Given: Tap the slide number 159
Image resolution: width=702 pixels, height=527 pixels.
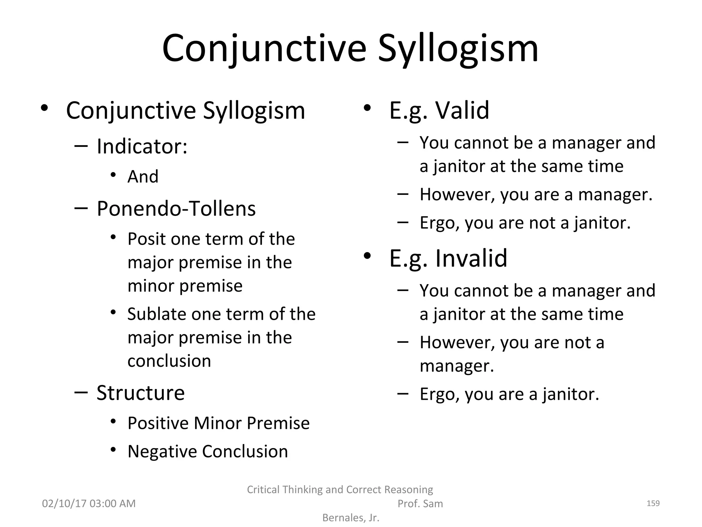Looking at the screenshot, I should pos(653,503).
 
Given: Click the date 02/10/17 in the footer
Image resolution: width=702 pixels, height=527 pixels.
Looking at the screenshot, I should pos(64,504).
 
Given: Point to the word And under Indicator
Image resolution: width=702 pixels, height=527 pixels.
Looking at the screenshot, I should pos(143,177).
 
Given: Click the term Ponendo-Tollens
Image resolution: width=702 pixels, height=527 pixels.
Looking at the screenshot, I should pos(176,209).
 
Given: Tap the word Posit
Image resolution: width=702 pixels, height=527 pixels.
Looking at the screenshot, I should pos(147,239).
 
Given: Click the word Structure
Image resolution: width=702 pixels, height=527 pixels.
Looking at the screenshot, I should pos(141,393).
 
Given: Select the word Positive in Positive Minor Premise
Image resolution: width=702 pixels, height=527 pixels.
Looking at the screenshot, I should pos(158,423).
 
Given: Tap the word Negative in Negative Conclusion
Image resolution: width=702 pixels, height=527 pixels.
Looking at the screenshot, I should pos(162,452).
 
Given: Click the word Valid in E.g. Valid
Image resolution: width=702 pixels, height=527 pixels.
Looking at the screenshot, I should pos(462,110).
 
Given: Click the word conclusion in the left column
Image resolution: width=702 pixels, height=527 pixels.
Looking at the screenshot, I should pos(169,361).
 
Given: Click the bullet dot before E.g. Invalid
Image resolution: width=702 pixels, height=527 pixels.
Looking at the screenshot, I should pos(367,256).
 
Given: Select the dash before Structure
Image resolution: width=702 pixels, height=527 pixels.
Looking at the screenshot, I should pos(81,392).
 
